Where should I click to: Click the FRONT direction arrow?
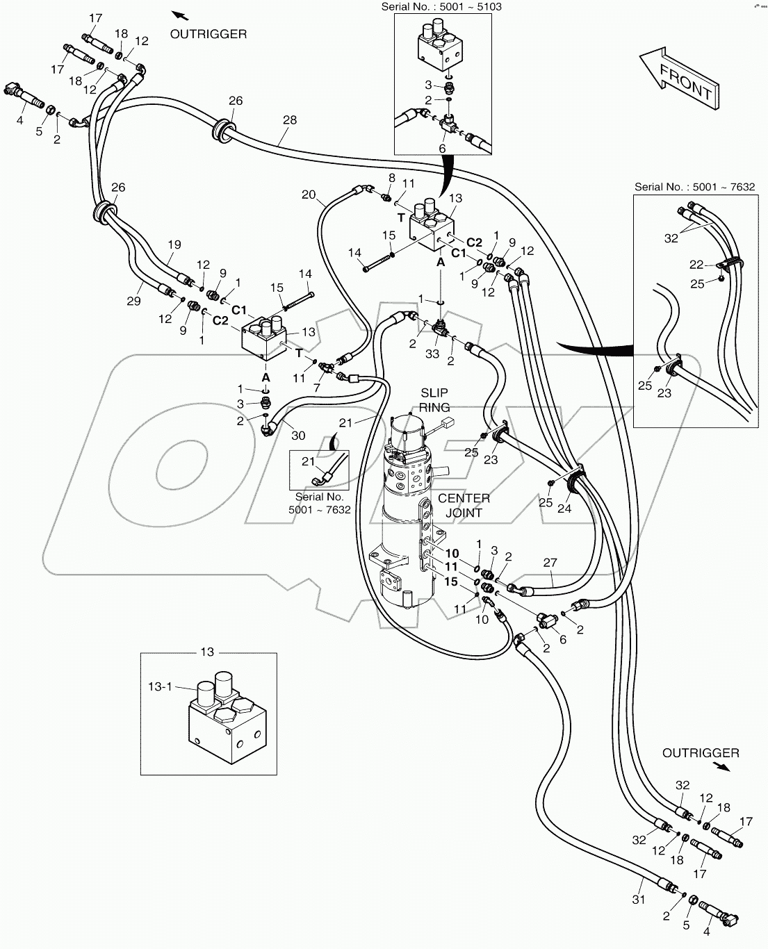[678, 78]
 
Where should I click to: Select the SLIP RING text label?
[435, 399]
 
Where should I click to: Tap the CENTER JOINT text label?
[464, 505]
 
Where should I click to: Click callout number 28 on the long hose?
[290, 120]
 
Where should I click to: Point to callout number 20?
[309, 195]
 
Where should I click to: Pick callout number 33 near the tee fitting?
[432, 354]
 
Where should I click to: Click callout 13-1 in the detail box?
[159, 686]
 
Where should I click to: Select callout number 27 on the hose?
[550, 563]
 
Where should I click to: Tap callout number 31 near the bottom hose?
[639, 899]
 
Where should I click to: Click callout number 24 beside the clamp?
[564, 509]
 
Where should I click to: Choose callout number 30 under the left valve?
[298, 436]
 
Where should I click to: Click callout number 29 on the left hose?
[133, 301]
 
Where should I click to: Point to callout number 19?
[174, 244]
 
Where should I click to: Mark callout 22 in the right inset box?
[696, 265]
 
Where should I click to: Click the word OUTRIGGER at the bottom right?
[701, 752]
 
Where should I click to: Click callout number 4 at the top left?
[20, 120]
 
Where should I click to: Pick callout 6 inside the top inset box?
[442, 148]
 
